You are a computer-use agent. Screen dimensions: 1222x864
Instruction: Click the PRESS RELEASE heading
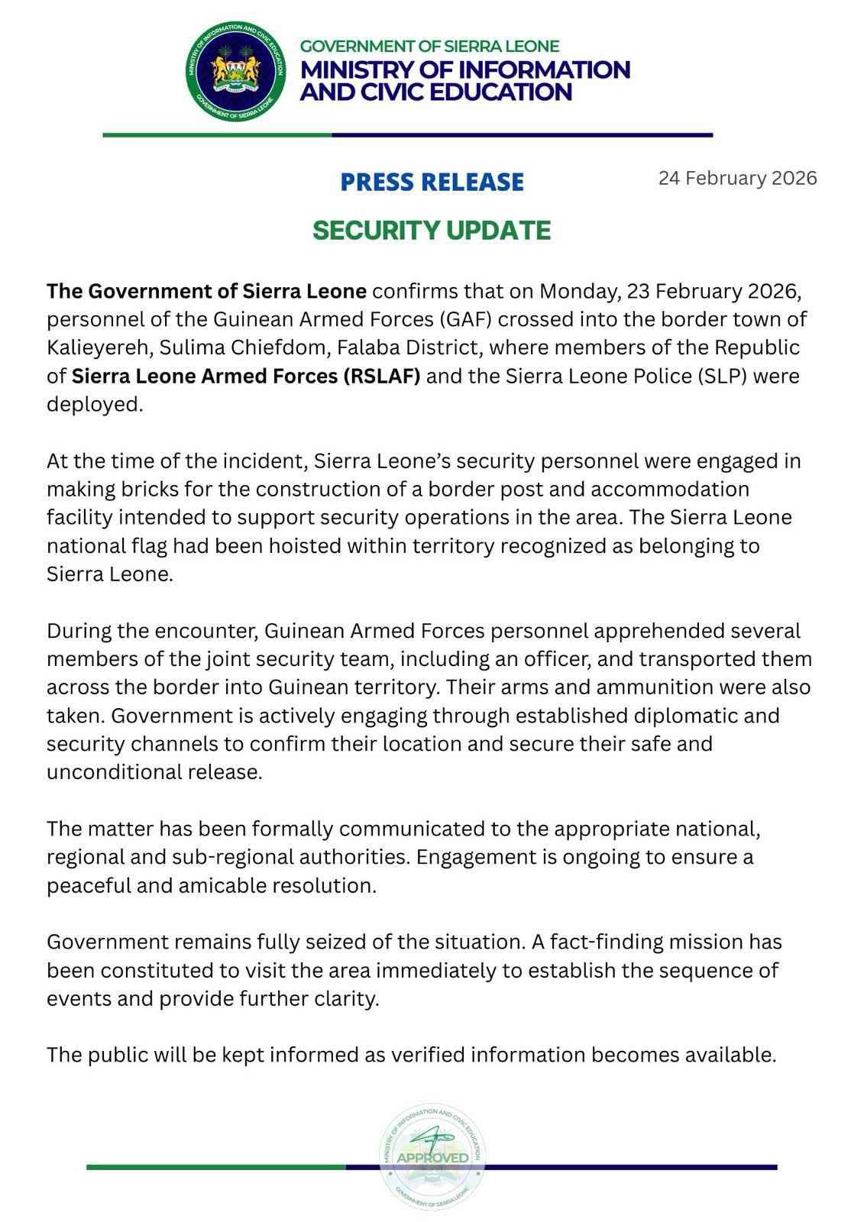pyautogui.click(x=432, y=183)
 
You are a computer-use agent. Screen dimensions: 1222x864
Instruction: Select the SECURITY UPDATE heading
pyautogui.click(x=432, y=231)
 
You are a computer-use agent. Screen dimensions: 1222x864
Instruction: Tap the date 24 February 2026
pyautogui.click(x=737, y=179)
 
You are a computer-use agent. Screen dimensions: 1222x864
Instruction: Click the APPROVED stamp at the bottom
pyautogui.click(x=432, y=1157)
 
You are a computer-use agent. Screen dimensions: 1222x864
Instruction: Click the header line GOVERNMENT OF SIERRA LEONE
pyautogui.click(x=429, y=46)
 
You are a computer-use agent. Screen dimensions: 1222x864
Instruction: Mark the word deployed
pyautogui.click(x=95, y=404)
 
